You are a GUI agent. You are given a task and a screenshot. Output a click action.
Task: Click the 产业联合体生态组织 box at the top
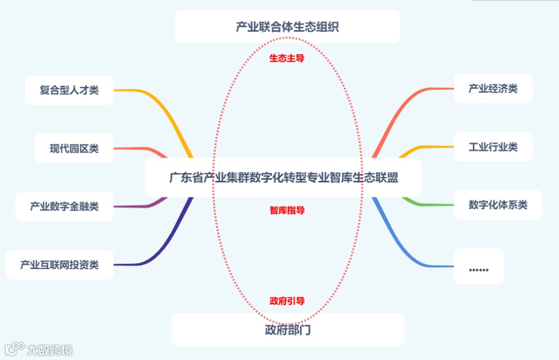pos(287,26)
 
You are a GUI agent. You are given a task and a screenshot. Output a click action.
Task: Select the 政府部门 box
pos(288,329)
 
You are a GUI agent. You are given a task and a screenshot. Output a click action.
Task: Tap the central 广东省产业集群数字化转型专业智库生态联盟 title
pos(284,178)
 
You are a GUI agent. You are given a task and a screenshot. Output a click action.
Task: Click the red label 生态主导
pos(287,58)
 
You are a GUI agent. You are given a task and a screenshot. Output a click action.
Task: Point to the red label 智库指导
pos(287,210)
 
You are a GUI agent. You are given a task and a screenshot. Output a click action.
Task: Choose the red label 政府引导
pos(287,301)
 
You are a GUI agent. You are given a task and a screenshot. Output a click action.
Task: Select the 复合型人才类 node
pos(69,90)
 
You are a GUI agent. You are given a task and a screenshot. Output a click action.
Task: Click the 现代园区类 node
pos(74,149)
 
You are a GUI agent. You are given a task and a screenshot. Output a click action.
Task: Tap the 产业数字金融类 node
pos(64,207)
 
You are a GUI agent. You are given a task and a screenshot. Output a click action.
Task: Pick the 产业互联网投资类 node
pos(60,265)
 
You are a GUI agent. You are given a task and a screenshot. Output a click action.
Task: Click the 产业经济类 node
pos(493,89)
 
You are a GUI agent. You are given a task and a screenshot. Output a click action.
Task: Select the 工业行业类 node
pos(493,147)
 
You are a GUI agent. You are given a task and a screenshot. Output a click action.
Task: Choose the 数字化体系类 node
pos(497,205)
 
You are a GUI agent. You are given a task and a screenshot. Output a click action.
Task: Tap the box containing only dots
pos(479,266)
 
